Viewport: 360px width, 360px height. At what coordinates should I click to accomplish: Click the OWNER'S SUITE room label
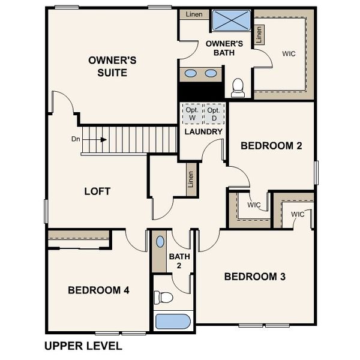pos(112,66)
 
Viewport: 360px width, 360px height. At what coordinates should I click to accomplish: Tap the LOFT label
pos(97,191)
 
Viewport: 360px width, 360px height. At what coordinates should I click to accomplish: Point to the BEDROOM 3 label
pos(254,277)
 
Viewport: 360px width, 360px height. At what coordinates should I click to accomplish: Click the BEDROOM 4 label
pos(98,290)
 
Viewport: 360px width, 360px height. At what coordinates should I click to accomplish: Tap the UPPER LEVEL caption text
pos(83,346)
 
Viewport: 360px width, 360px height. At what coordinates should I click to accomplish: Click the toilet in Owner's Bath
pos(238,88)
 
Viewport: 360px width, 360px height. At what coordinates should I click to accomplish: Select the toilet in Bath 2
pos(163,297)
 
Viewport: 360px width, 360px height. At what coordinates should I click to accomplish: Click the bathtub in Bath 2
pos(173,320)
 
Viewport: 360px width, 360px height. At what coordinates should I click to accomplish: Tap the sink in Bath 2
pos(159,242)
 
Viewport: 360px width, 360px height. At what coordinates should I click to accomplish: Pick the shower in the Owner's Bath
pos(231,20)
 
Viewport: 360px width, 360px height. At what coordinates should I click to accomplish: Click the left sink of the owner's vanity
pos(190,73)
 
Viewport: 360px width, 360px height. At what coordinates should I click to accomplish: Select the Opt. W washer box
pos(191,114)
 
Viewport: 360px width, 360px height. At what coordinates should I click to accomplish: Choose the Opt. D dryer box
pos(214,114)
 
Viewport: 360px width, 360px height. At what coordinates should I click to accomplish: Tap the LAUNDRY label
pos(203,131)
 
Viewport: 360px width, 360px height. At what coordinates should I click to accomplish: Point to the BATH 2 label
pos(179,261)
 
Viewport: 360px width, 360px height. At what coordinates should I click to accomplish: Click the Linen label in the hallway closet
pos(191,179)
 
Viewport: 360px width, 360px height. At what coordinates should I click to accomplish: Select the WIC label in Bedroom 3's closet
pos(298,215)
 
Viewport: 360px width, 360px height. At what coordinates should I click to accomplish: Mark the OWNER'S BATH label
pos(224,48)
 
